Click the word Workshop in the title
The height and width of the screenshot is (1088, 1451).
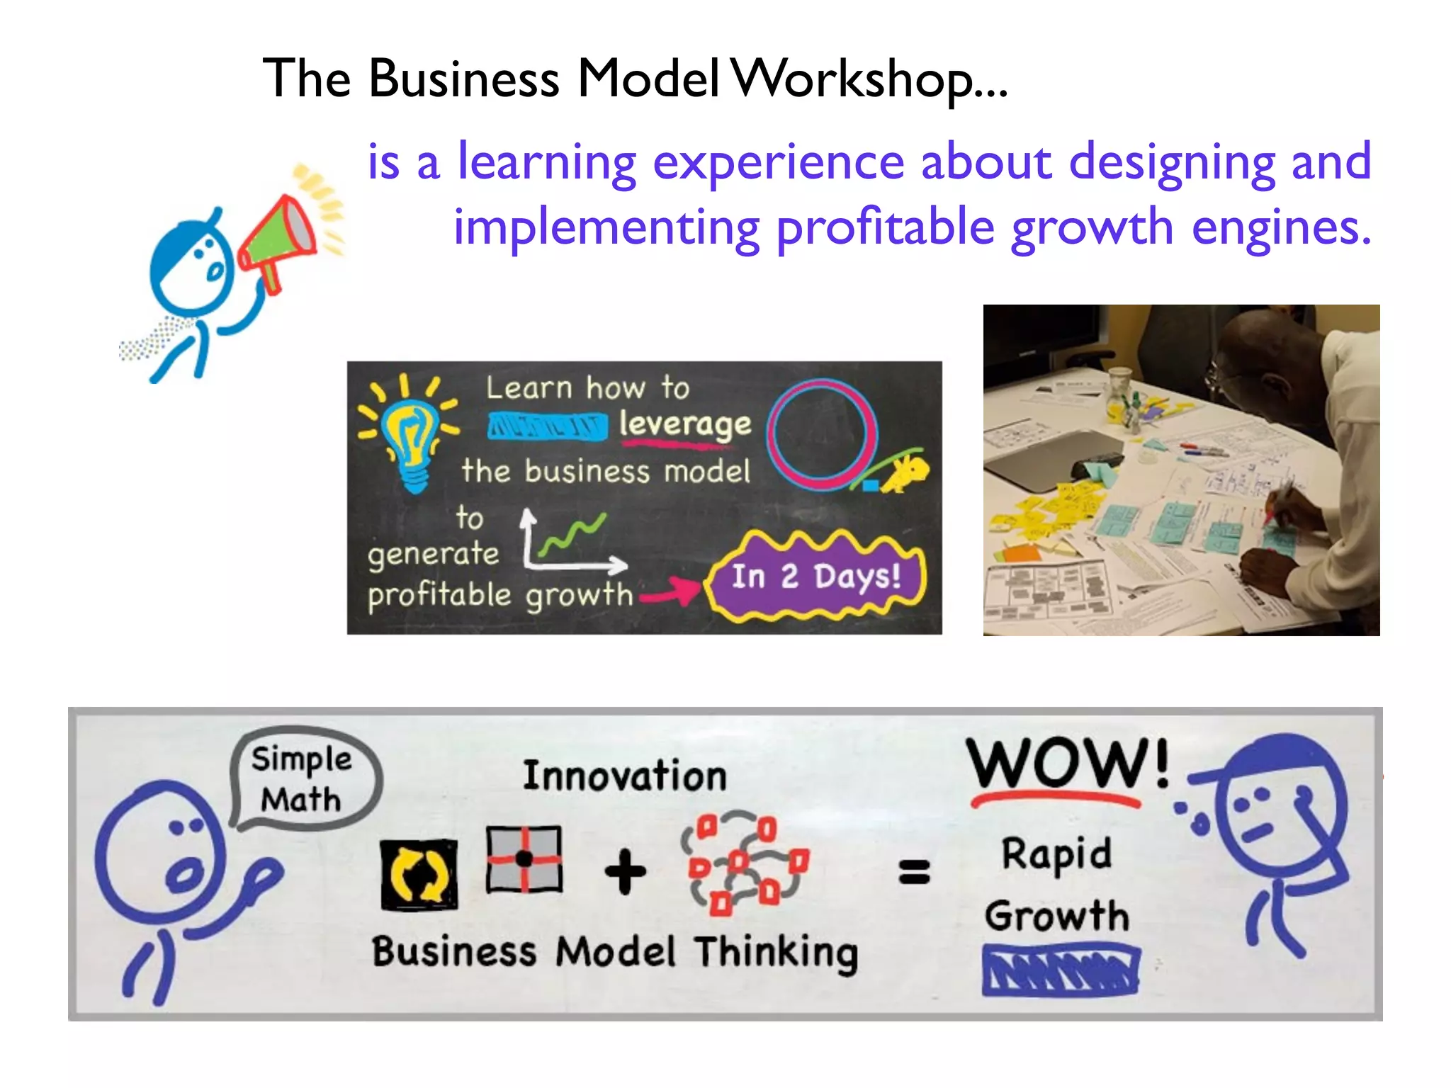869,79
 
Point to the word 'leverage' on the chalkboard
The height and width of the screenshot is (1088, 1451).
684,425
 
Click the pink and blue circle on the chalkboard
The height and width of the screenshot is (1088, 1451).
822,434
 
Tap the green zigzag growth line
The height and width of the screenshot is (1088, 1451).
572,535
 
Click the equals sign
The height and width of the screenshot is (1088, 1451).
914,872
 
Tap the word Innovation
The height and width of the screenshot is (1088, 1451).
624,776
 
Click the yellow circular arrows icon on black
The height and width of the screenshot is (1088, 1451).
419,874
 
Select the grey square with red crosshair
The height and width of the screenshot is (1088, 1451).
524,859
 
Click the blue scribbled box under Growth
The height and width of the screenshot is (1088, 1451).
1061,969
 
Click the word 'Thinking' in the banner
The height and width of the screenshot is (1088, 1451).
776,953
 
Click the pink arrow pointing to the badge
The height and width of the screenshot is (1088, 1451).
670,591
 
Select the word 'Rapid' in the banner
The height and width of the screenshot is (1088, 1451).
1056,855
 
